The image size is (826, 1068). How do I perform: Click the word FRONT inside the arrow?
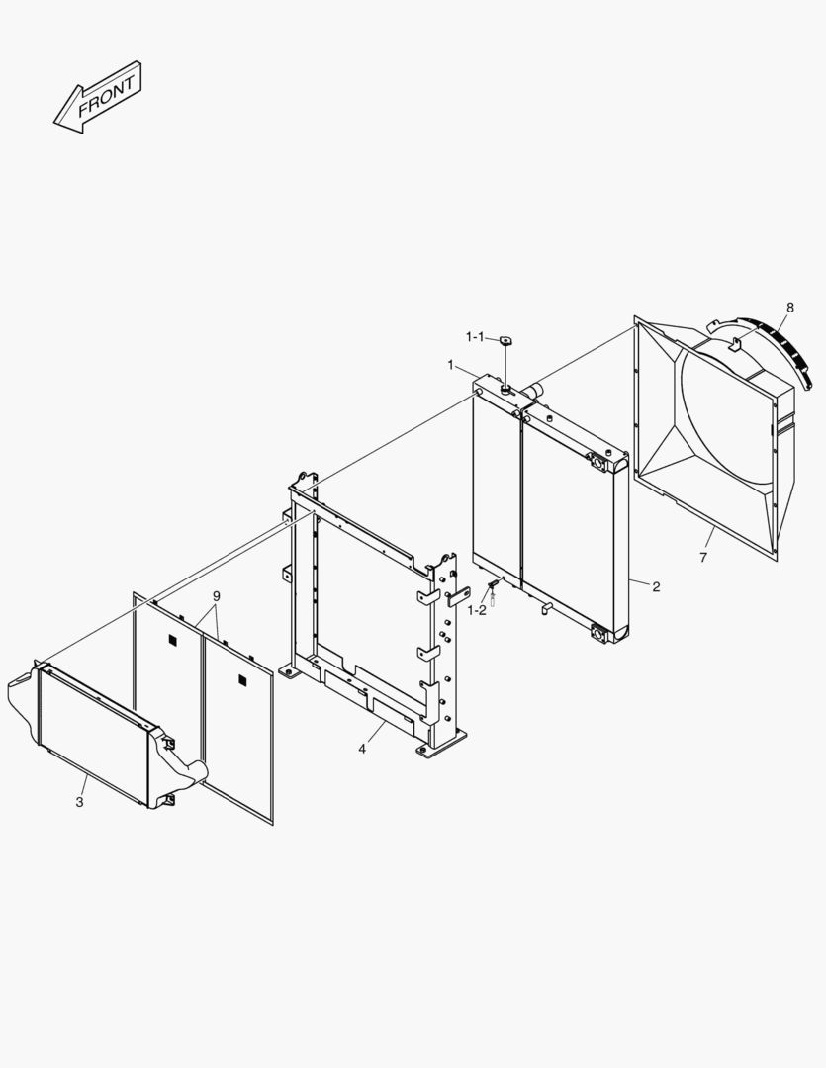click(105, 95)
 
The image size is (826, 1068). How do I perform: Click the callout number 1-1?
click(475, 338)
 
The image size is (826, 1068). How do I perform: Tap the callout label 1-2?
click(477, 610)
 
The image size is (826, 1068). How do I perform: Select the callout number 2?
click(656, 586)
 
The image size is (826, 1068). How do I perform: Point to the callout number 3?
click(79, 802)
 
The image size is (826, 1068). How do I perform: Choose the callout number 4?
click(362, 749)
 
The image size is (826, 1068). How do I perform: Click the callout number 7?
click(703, 559)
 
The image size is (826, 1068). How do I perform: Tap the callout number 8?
click(789, 308)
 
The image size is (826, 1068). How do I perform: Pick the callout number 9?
click(217, 596)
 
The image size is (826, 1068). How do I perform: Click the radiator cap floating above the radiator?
click(507, 341)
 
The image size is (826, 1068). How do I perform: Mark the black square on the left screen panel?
click(174, 641)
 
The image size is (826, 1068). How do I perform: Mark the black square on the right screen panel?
click(242, 680)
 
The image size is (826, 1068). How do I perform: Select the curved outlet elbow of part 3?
click(188, 767)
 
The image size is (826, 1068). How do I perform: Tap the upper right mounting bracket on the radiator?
click(599, 460)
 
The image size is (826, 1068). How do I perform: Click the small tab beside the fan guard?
click(734, 345)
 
